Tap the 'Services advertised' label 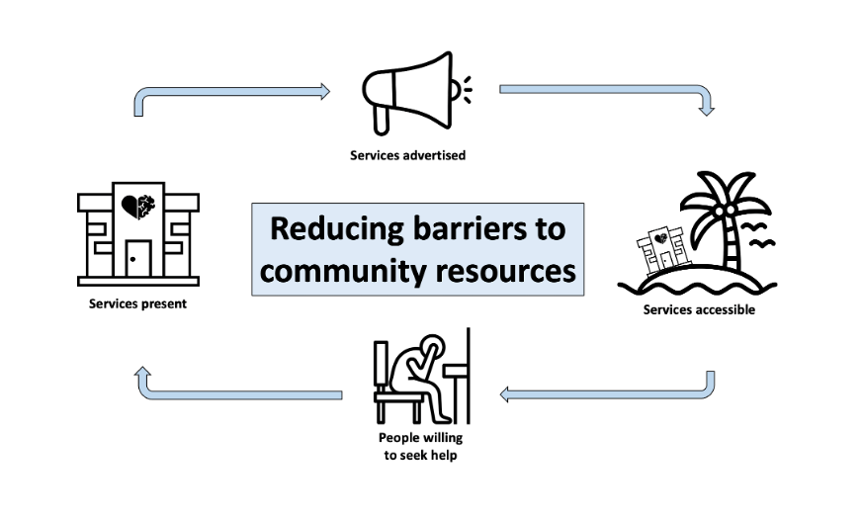pos(407,155)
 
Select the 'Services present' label pos(137,303)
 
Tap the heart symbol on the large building pos(135,206)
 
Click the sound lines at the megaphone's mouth pos(465,90)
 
